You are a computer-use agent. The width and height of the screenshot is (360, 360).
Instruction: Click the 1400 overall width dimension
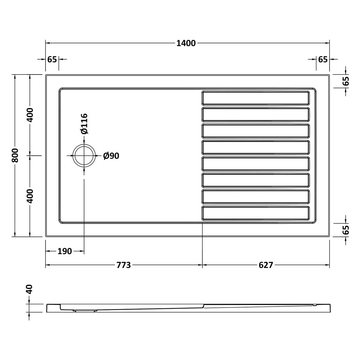(x=186, y=43)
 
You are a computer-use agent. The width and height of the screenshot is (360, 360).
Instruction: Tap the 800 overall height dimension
(x=15, y=155)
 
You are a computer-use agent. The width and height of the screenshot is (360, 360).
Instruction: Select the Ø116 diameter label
(x=84, y=124)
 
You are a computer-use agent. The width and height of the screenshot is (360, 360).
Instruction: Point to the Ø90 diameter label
(x=111, y=156)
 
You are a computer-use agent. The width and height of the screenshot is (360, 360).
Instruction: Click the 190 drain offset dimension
(x=65, y=251)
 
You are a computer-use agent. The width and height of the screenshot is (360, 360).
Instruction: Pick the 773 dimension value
(x=124, y=265)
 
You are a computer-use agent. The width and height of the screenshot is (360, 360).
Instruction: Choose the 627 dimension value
(x=266, y=265)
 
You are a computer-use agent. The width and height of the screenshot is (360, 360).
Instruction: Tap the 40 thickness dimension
(x=30, y=289)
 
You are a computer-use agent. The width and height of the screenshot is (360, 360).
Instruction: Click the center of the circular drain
(x=84, y=155)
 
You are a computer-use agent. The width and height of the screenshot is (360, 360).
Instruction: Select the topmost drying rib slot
(x=256, y=98)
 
